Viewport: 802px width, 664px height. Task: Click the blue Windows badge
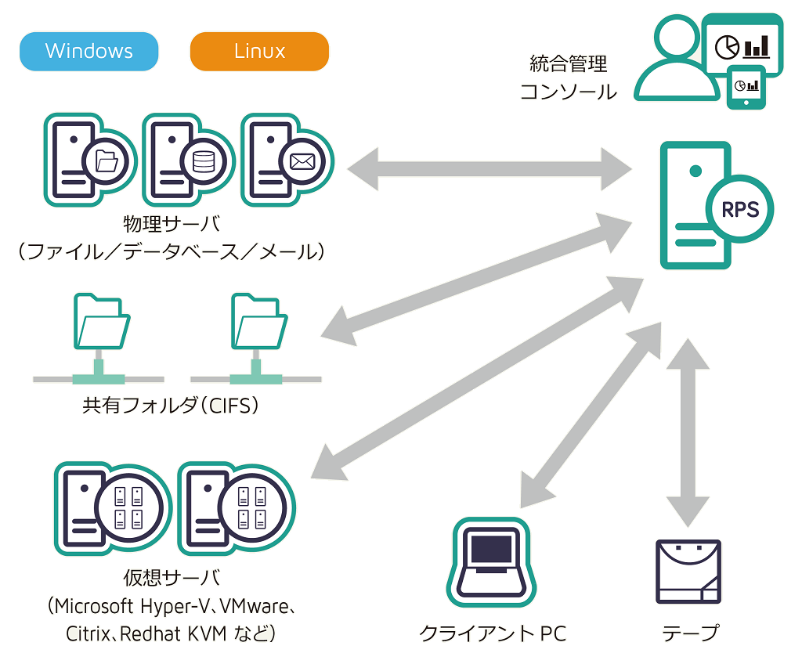[89, 52]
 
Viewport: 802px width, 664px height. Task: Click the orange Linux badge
[259, 52]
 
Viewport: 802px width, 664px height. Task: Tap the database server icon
[186, 161]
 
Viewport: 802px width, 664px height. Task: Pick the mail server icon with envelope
[285, 161]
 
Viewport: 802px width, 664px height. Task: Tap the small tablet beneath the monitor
[746, 86]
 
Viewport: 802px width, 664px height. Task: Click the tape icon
[687, 572]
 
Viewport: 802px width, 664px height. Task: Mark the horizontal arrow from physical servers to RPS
[490, 167]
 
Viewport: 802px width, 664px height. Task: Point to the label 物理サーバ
[172, 225]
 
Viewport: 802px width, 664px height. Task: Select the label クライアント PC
[493, 633]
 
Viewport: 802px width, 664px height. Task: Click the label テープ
[690, 633]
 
